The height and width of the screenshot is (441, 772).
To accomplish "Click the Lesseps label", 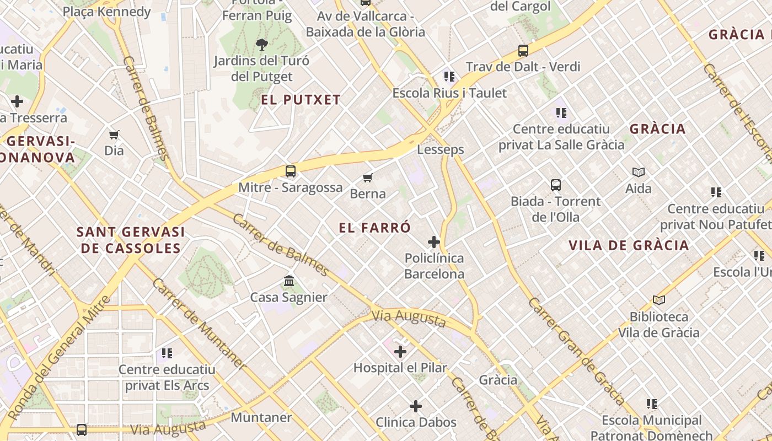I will click(440, 149).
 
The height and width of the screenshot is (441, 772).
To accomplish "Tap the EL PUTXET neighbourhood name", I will click(301, 100).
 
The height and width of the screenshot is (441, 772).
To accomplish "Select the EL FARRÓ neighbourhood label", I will click(375, 228).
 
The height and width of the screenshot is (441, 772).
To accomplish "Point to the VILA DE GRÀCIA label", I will click(629, 245).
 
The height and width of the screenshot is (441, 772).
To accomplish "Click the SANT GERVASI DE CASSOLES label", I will click(131, 240).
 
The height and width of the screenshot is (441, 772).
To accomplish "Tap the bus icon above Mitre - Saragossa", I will click(291, 171).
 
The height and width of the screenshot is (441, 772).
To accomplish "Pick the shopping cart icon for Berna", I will click(368, 178).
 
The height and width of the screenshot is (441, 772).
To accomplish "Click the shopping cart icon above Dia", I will click(114, 135).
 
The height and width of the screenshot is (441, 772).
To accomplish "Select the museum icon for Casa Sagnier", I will click(289, 281).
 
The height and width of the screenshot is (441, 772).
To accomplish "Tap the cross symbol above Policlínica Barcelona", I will click(434, 241).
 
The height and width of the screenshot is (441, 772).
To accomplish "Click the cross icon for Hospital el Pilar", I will click(400, 351).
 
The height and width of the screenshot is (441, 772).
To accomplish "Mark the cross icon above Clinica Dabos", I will click(416, 406).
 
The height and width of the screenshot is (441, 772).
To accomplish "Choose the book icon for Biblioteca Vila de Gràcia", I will click(659, 300).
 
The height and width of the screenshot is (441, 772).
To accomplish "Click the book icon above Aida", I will click(639, 172).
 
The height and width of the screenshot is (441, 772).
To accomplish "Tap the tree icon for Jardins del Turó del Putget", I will click(262, 44).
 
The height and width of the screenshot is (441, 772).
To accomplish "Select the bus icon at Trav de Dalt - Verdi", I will click(523, 51).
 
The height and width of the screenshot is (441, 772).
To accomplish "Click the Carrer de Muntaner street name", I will click(199, 324).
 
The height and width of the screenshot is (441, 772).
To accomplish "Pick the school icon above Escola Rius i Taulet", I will click(449, 76).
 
